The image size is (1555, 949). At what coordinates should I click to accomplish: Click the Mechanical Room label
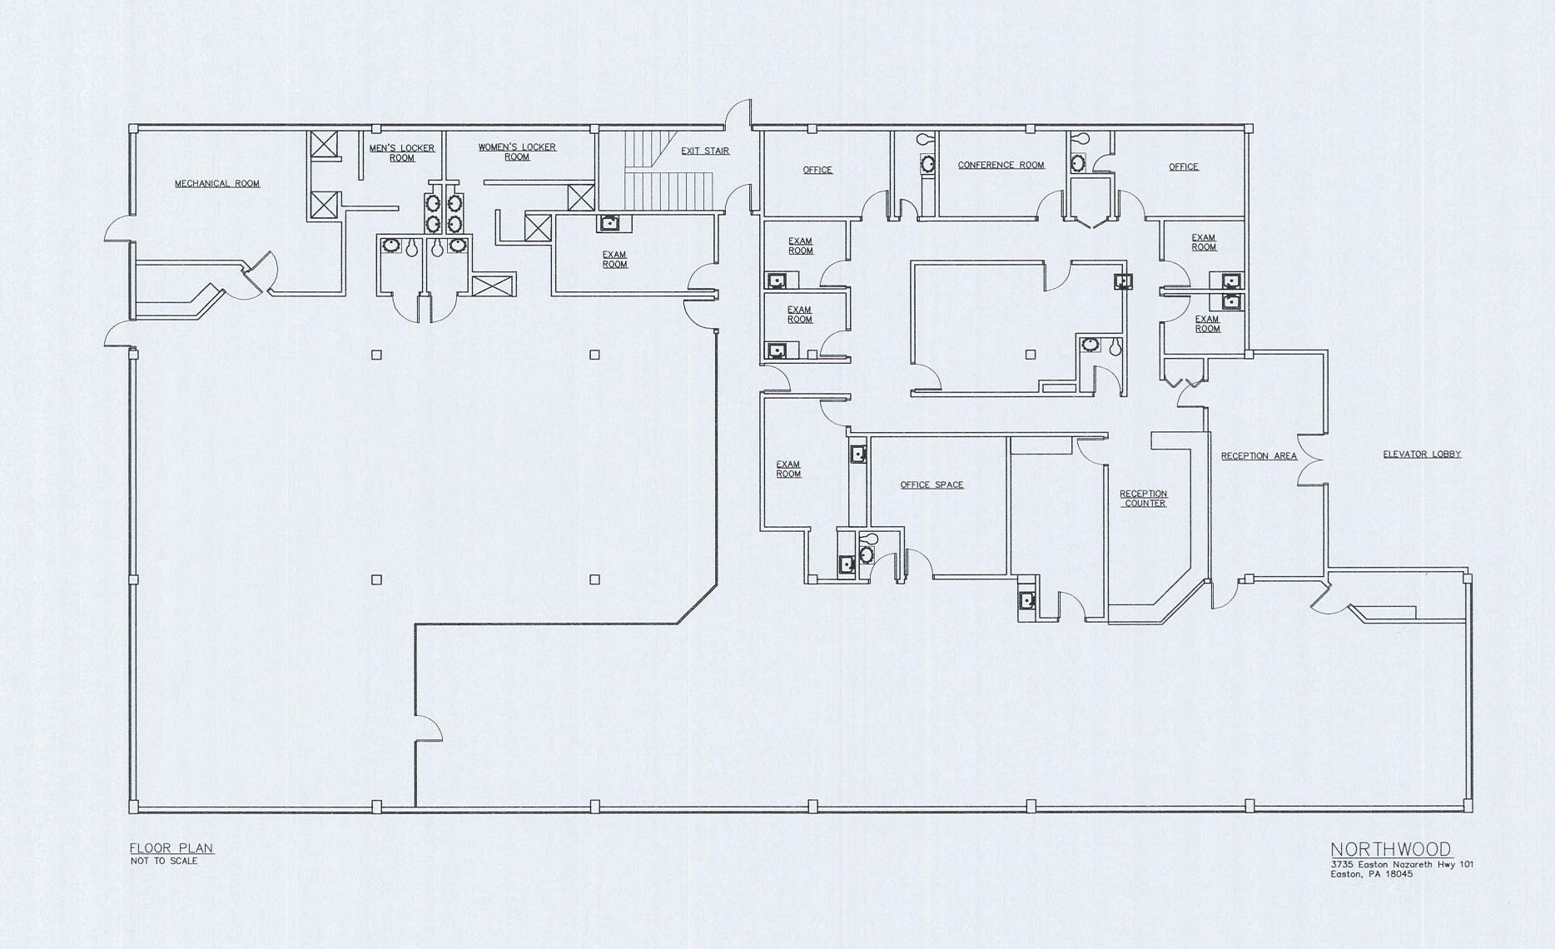point(217,183)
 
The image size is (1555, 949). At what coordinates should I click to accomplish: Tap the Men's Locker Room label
point(402,153)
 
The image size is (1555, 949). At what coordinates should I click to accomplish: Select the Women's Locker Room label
point(517,152)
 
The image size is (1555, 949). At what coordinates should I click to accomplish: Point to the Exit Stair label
point(705,151)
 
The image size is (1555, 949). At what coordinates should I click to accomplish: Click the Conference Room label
point(1001,165)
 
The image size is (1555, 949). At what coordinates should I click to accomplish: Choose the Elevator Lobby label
point(1422,455)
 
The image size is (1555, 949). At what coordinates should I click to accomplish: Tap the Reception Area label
point(1259,456)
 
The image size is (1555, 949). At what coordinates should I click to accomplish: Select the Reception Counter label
point(1144,499)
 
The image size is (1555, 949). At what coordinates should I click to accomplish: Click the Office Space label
point(932,484)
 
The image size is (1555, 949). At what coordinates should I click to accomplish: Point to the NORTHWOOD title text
point(1391,850)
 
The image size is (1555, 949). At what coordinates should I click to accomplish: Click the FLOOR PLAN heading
point(171,848)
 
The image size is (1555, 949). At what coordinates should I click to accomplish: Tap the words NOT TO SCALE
point(164,861)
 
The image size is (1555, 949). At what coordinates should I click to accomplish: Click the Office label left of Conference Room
point(817,170)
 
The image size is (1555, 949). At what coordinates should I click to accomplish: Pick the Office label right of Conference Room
point(1183,166)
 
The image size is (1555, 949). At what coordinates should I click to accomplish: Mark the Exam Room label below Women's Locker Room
point(615,260)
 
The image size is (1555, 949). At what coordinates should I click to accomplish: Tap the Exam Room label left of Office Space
point(788,470)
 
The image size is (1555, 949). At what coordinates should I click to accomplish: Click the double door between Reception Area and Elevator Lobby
point(1311,460)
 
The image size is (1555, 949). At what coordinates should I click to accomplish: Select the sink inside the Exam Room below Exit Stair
point(609,222)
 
